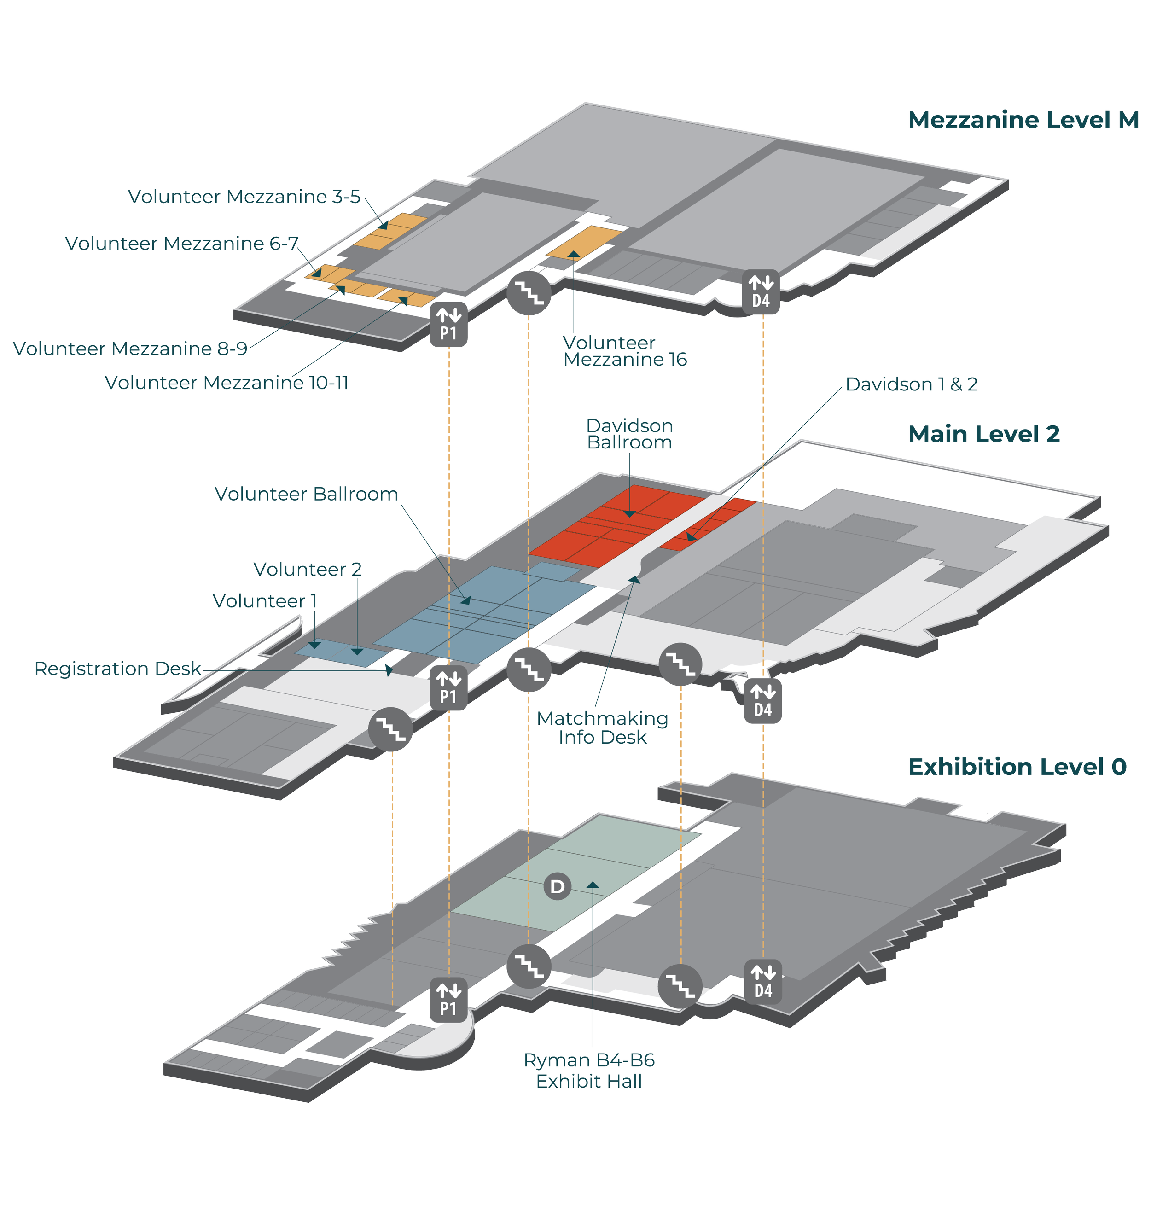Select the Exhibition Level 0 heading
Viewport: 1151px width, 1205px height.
pyautogui.click(x=1017, y=768)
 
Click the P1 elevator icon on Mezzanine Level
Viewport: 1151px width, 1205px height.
pyautogui.click(x=448, y=325)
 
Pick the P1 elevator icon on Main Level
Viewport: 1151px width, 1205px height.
pyautogui.click(x=448, y=688)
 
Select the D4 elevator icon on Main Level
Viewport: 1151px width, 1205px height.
pyautogui.click(x=762, y=701)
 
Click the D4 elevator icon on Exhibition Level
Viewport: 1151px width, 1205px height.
pyautogui.click(x=762, y=982)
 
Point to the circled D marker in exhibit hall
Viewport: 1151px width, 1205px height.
pyautogui.click(x=557, y=886)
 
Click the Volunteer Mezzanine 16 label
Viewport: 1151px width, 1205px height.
pyautogui.click(x=625, y=352)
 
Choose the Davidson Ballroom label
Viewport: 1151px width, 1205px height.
pyautogui.click(x=629, y=434)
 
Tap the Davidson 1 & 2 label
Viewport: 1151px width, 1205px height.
pyautogui.click(x=911, y=384)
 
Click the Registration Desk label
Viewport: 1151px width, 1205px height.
pyautogui.click(x=118, y=669)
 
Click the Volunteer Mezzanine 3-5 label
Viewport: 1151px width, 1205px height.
pyautogui.click(x=244, y=197)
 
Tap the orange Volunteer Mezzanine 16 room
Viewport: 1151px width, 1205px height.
pyautogui.click(x=583, y=242)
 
